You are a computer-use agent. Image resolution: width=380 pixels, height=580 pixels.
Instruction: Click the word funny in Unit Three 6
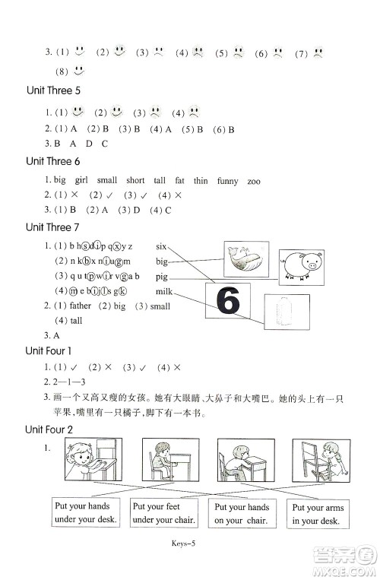click(227, 181)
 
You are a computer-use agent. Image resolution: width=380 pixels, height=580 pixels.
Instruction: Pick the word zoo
click(254, 181)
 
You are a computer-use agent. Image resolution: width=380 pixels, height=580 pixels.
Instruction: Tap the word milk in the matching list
click(165, 292)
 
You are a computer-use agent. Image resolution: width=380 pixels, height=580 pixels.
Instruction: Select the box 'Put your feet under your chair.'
click(163, 512)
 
